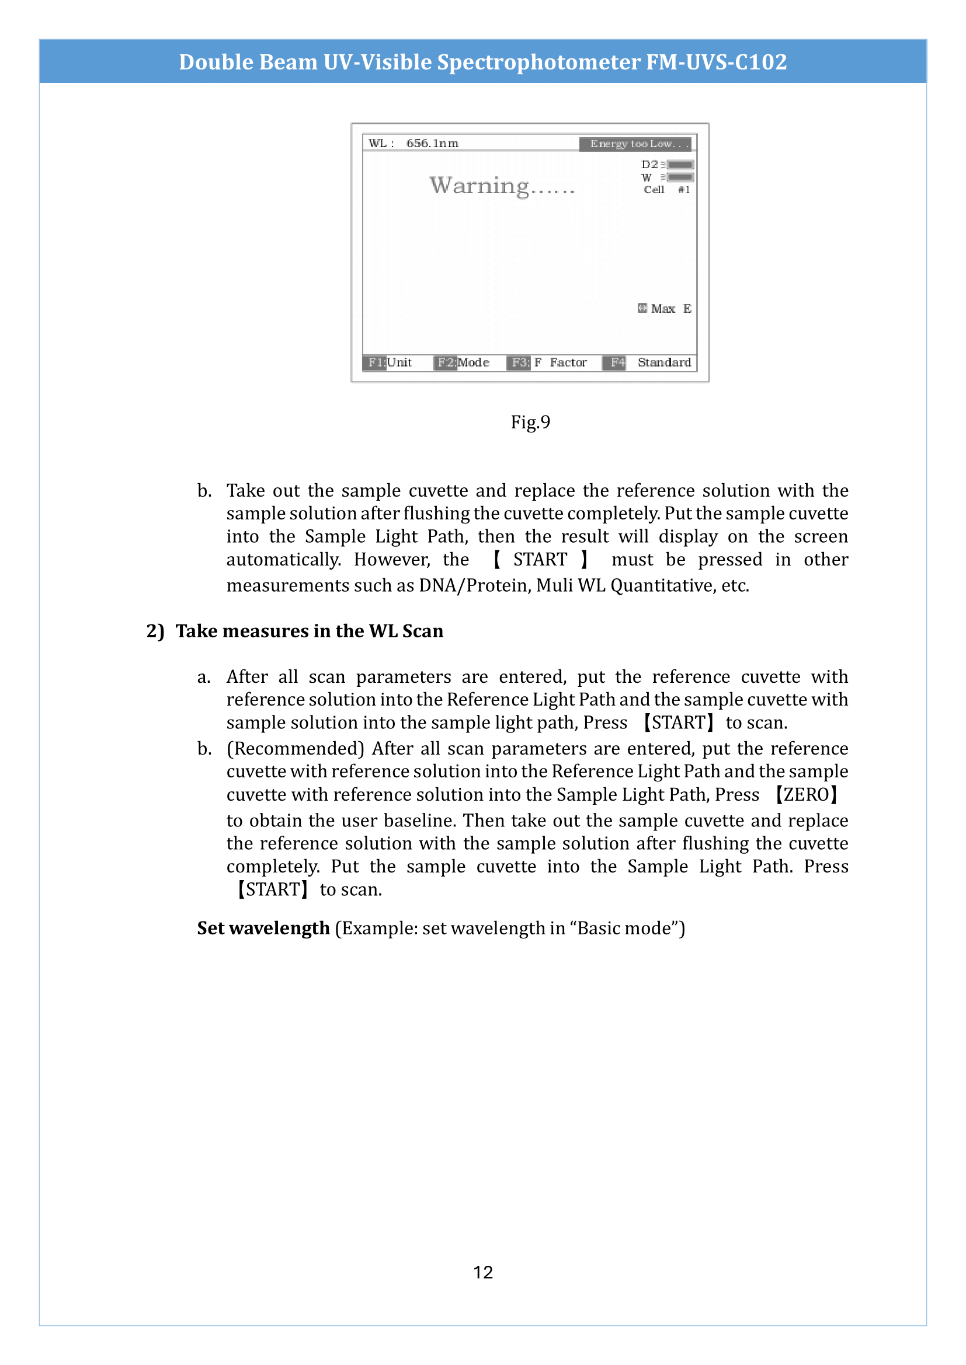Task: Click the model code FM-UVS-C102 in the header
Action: (716, 62)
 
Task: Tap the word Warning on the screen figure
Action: (479, 186)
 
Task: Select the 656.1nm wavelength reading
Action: (432, 144)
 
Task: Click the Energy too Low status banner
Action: (635, 144)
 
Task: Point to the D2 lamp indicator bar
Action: (680, 165)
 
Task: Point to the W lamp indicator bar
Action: (680, 177)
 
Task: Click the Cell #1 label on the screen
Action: (666, 190)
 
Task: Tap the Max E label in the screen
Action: (665, 309)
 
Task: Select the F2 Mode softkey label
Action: (463, 362)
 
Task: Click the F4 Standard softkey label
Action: (648, 362)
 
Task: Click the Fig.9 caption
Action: (530, 422)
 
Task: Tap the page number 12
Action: (482, 1272)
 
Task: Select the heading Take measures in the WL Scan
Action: (309, 631)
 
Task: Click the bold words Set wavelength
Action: (263, 928)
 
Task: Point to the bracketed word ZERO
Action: (806, 795)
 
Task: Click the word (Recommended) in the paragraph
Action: (295, 749)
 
